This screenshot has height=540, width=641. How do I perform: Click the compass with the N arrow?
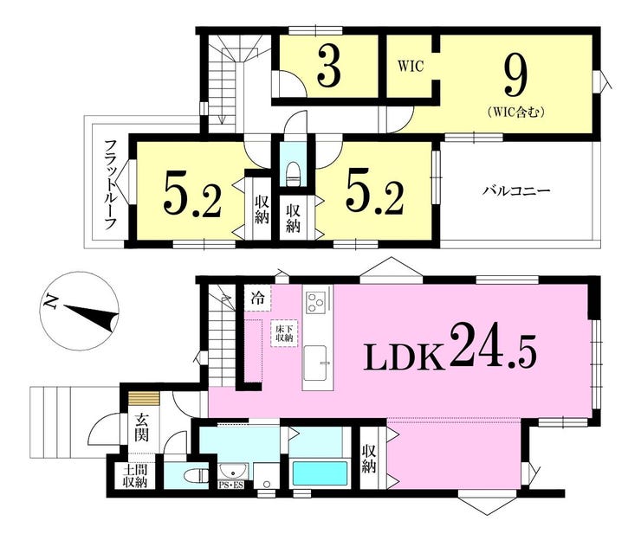(80, 312)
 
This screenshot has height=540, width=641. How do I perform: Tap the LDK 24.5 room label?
(450, 346)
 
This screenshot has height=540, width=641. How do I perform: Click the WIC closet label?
(411, 66)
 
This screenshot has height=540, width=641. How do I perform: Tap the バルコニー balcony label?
(516, 190)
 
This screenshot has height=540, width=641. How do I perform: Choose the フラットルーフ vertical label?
(111, 184)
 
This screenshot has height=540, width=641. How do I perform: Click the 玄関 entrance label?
(142, 427)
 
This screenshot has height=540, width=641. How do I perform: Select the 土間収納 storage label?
(135, 476)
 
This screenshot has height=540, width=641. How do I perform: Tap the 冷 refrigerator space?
(257, 298)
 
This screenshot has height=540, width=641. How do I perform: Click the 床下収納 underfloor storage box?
(284, 333)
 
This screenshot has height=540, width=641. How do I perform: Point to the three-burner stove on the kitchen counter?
(314, 302)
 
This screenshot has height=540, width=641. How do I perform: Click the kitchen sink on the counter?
(315, 363)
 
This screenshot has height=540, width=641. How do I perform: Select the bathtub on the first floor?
(320, 473)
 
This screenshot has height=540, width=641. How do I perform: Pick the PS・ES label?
(231, 485)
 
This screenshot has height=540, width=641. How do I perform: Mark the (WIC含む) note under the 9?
(516, 112)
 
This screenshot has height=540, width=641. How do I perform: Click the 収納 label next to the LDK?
(369, 459)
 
